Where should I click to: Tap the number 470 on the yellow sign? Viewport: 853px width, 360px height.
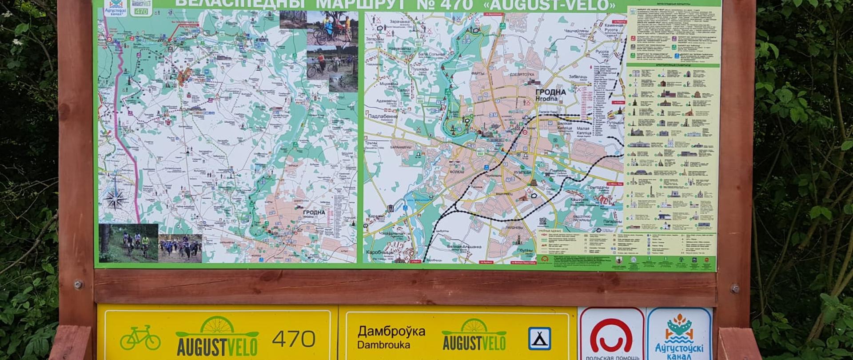[294, 339]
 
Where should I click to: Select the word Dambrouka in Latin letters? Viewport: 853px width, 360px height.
[377, 345]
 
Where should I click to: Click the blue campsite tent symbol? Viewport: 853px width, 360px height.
[539, 338]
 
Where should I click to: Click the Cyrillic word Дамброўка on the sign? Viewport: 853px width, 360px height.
[391, 332]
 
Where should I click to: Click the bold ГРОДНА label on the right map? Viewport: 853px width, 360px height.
[550, 92]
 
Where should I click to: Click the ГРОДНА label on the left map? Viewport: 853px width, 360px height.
[314, 212]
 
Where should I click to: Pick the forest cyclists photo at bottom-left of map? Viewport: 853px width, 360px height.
[128, 243]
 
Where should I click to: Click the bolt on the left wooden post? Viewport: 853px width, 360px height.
[78, 284]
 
